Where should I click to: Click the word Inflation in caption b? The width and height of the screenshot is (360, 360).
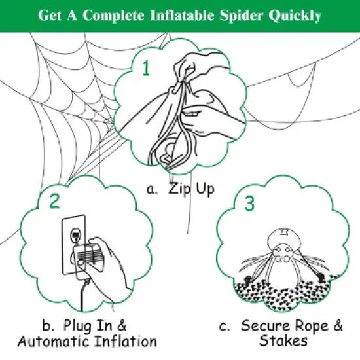(x=124, y=341)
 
